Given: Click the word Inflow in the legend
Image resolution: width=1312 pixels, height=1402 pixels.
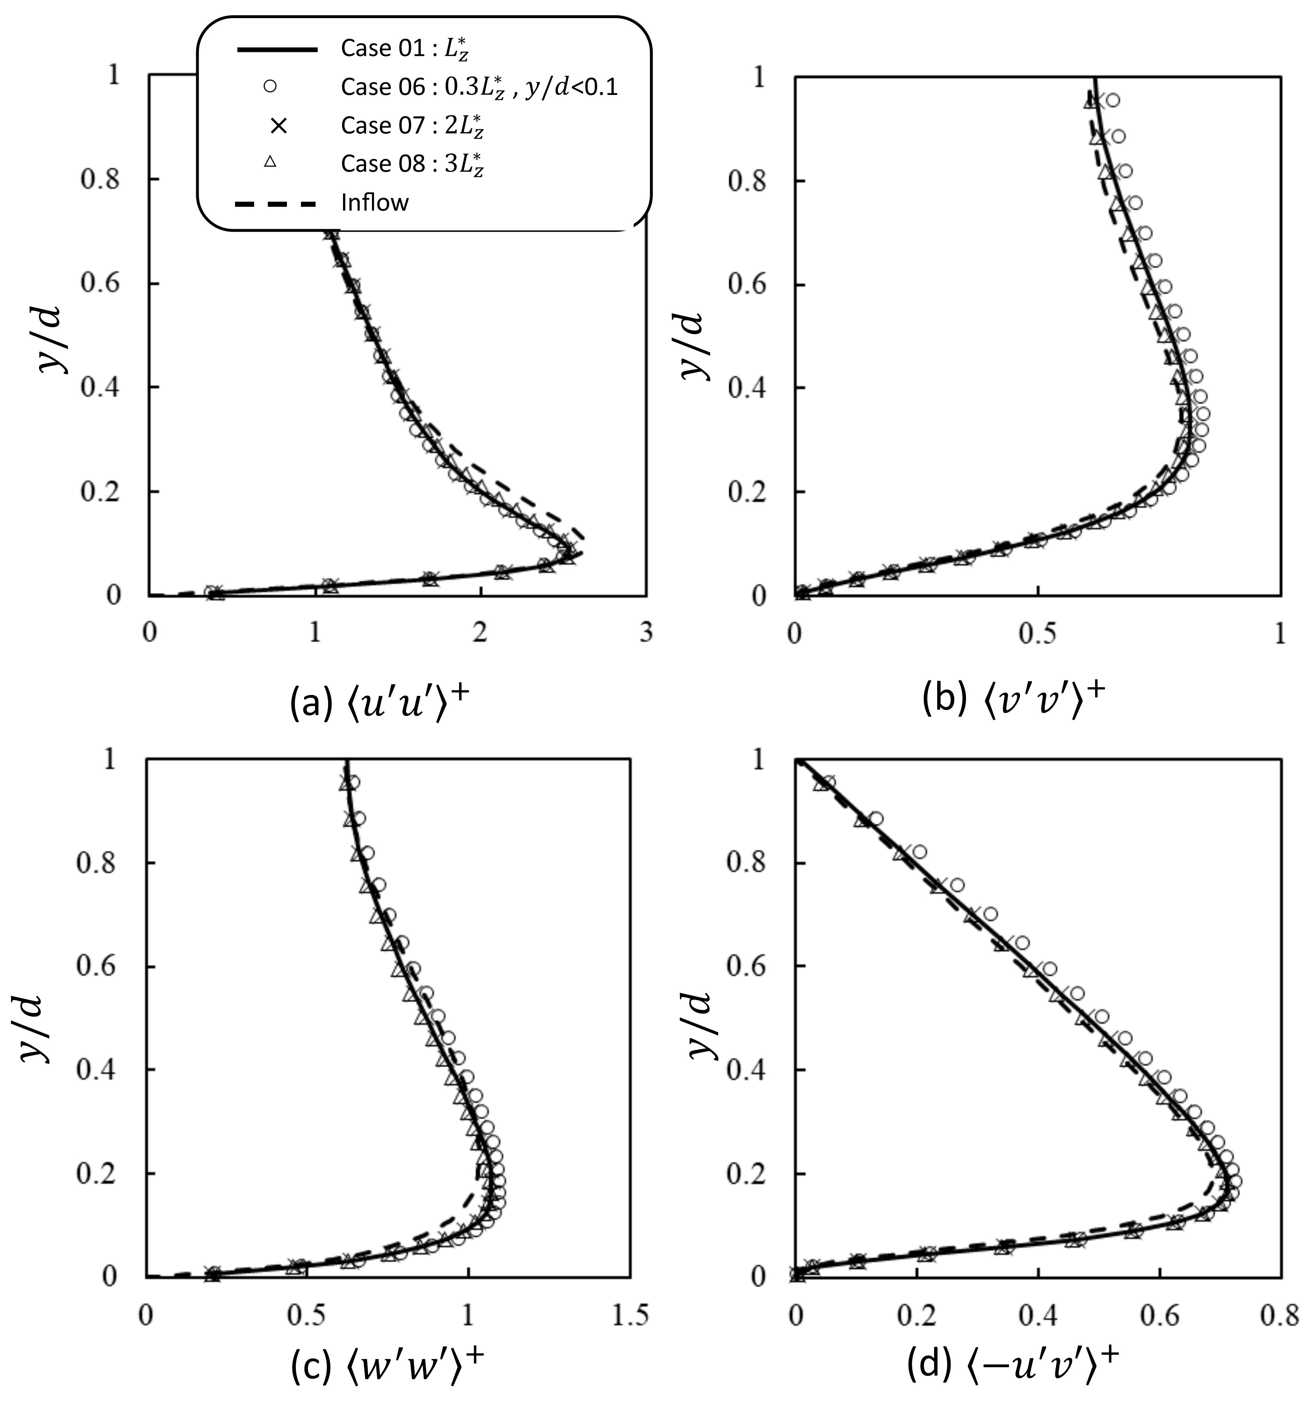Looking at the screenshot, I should tap(374, 203).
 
